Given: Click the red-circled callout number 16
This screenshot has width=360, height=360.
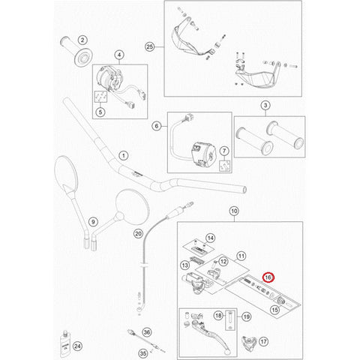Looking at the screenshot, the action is coord(268,277).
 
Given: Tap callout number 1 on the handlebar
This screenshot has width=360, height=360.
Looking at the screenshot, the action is coord(124,156).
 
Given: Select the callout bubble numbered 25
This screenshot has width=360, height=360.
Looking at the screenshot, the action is coord(149,46).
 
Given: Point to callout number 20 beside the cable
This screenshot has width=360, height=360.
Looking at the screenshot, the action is coord(138,234).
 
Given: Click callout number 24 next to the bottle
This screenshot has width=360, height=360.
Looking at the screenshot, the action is coord(77,346).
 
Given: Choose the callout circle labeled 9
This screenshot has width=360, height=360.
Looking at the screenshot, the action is coord(93,222).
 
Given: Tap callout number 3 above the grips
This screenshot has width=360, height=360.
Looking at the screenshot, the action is coord(265,106).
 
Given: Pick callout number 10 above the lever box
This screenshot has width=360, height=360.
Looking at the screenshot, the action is coord(234,211).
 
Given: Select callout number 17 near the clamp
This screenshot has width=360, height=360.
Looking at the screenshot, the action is coord(264,341).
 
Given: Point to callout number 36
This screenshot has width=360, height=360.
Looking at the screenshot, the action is coord(147,332).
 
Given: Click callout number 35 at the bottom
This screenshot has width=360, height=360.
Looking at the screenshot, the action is coord(143,354).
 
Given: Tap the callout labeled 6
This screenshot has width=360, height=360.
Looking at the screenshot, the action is coord(157,126).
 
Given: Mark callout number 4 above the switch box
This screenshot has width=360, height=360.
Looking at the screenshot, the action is coord(119,55).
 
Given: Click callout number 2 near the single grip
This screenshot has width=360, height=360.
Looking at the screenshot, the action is coord(82,40).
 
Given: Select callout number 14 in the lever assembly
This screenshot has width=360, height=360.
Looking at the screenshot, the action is coord(211,238).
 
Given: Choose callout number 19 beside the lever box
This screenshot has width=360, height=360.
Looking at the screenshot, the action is coord(247,316).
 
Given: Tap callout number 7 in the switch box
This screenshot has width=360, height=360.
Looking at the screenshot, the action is coord(224,151).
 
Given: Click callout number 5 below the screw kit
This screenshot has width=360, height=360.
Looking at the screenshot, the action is coord(100,112).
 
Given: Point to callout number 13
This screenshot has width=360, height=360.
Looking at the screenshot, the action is coord(185,265).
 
